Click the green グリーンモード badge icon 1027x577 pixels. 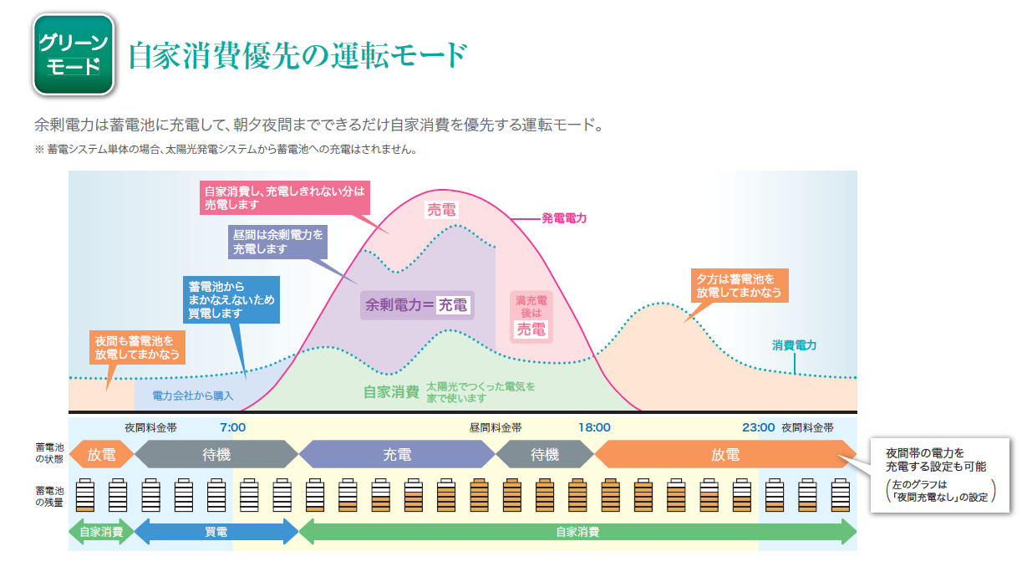coord(74,54)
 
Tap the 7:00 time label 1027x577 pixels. coord(232,427)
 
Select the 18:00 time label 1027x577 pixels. coord(594,427)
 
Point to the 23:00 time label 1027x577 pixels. coord(758,427)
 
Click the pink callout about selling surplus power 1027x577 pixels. coord(285,197)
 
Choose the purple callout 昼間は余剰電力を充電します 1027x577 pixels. coord(277,242)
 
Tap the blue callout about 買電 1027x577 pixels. coord(231,299)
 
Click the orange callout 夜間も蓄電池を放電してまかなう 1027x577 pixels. coord(137,347)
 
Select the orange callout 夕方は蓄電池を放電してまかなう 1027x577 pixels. coord(740,285)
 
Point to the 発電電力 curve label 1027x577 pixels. coord(564,218)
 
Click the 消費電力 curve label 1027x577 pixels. coord(794,345)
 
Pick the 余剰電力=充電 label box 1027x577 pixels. coord(417,305)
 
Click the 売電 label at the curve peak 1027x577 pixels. coord(441,210)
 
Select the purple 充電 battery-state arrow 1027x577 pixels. coord(397,454)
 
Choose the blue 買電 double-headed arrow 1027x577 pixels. coord(216,532)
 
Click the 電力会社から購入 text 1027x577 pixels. coord(192,396)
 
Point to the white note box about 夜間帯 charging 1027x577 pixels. coord(940,475)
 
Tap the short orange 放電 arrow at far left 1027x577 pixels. coord(101,454)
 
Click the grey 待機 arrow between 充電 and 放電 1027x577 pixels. coord(545,454)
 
